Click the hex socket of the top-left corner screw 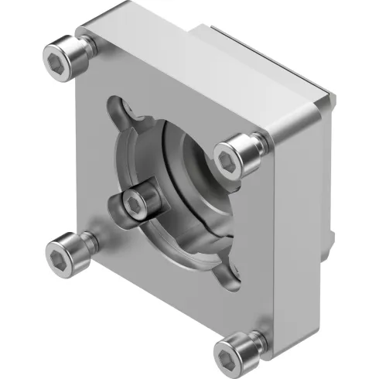click(x=53, y=56)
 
